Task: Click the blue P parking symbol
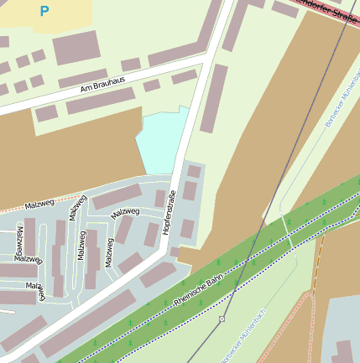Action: pyautogui.click(x=44, y=12)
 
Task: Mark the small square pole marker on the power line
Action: pyautogui.click(x=222, y=319)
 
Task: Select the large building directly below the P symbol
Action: pyautogui.click(x=77, y=49)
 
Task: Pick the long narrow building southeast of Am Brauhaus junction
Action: pyautogui.click(x=213, y=98)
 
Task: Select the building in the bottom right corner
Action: pyautogui.click(x=344, y=352)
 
